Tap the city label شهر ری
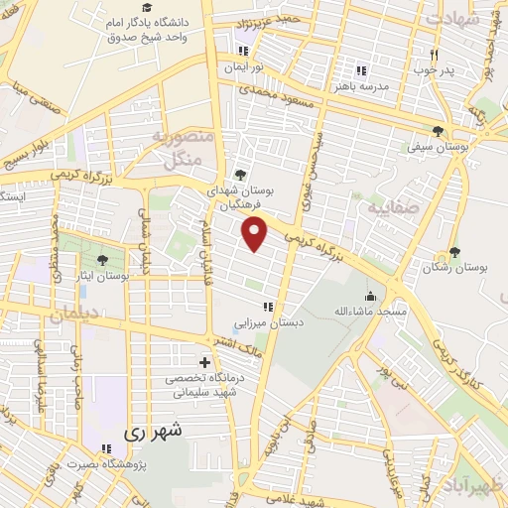[155, 434]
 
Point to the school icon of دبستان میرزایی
[266, 307]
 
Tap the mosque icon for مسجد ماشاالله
[371, 295]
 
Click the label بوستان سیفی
[437, 147]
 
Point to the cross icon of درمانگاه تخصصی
[205, 362]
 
